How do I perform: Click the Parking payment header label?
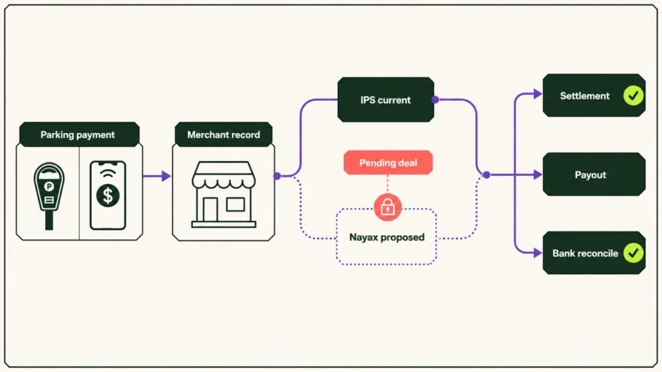[77, 135]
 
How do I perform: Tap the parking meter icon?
[49, 196]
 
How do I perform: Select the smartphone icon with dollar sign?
[108, 195]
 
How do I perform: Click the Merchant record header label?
[223, 135]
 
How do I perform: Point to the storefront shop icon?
[223, 195]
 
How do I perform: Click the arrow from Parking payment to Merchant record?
[156, 176]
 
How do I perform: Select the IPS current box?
[385, 99]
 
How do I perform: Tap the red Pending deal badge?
[388, 163]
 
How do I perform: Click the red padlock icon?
[387, 207]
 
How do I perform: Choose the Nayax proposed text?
[387, 237]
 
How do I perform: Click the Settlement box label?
[585, 95]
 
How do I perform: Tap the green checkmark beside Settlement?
[633, 95]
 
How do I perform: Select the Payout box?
[594, 174]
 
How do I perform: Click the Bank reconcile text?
[585, 253]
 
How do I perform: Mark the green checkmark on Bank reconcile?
[633, 253]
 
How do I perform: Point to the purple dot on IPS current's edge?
[436, 99]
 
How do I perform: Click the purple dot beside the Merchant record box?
[278, 176]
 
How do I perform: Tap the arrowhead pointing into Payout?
[538, 174]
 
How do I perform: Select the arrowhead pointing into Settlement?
[538, 94]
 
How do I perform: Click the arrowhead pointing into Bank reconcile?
[538, 253]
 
